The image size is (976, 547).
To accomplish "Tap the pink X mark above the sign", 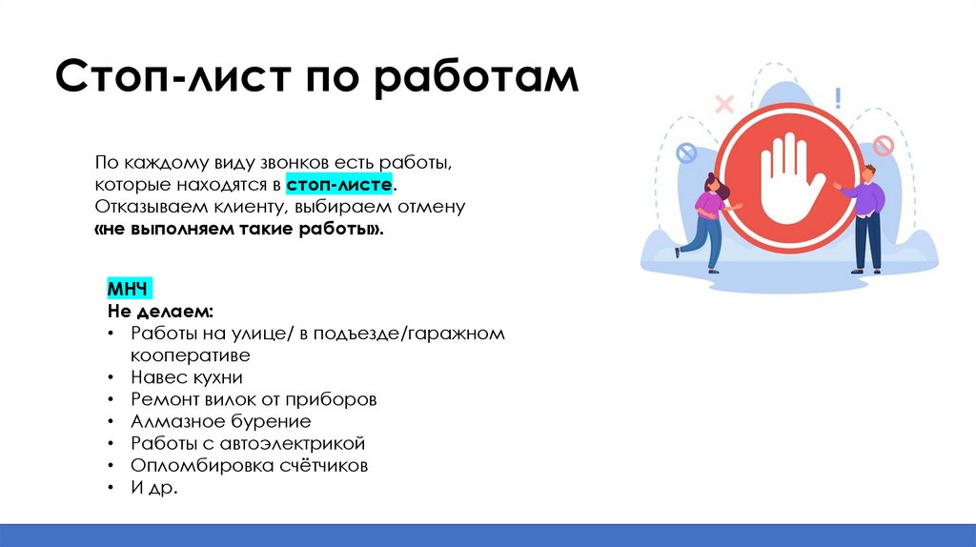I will [724, 103].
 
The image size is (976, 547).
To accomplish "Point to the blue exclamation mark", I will [838, 98].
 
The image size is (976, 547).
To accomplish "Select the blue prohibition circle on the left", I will [686, 152].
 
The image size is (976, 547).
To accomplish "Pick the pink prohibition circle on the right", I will [884, 146].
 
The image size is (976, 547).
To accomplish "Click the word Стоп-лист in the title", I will [173, 77].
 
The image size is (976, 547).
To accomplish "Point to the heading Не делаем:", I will [160, 312].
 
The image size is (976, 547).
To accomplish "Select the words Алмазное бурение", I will [221, 421].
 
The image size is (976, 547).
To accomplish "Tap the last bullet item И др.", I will [154, 488].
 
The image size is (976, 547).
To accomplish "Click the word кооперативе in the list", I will [191, 355].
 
